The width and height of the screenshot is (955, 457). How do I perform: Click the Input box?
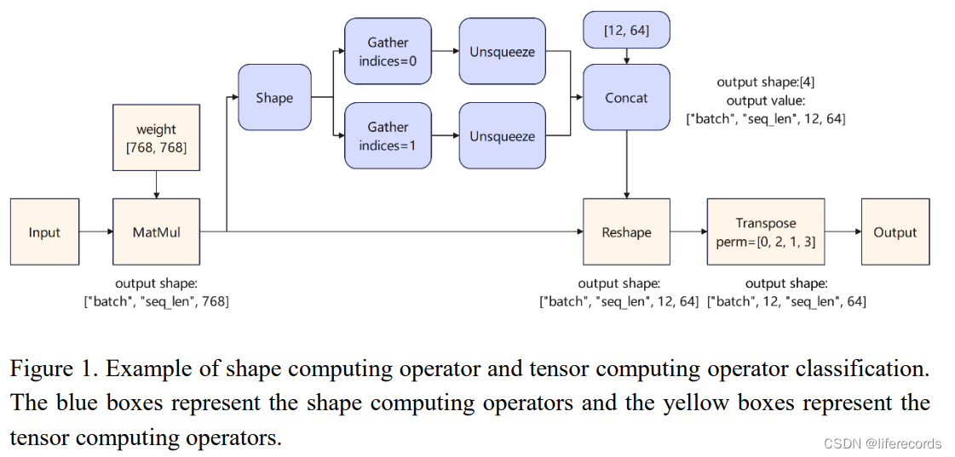coord(44,232)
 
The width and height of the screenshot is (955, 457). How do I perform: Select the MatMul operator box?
coord(156,232)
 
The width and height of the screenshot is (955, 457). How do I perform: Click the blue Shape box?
coord(274,98)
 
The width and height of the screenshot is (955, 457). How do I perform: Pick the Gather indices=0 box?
coord(388,51)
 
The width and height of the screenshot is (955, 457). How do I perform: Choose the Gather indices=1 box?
coord(388,136)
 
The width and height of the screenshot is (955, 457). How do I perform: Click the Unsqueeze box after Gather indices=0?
coord(502,52)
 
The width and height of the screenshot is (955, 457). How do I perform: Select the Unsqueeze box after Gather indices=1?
coord(502,136)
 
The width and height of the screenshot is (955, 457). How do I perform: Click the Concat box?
coord(626,98)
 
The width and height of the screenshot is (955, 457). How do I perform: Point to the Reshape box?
coord(626,232)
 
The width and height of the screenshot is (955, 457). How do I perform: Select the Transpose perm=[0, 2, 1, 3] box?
coord(765,232)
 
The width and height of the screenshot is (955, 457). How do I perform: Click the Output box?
coord(895,232)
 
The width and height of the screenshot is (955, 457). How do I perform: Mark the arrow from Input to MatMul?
coord(95,231)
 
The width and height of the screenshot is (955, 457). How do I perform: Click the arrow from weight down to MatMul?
coord(156,183)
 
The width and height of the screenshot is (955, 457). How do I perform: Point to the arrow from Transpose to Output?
coord(843,231)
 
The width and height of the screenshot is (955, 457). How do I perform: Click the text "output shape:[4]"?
coord(766,82)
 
